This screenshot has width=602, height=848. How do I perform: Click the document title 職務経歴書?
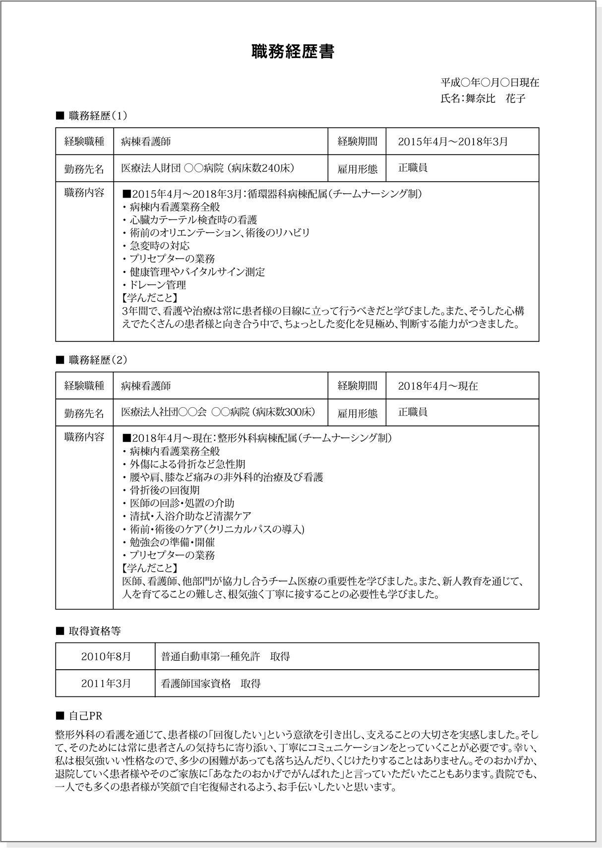293,52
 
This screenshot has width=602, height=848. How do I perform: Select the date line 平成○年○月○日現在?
489,82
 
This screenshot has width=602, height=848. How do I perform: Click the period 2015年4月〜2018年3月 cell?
453,142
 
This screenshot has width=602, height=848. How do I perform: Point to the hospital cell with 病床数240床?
208,168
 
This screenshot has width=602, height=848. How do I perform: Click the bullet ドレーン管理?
158,285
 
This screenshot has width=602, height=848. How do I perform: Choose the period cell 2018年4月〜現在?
438,386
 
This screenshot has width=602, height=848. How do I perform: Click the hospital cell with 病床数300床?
218,412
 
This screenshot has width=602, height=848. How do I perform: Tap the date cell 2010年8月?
106,657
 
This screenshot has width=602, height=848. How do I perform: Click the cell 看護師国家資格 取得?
211,684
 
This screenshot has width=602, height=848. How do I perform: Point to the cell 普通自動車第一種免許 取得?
226,657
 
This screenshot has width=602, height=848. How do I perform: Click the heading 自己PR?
85,716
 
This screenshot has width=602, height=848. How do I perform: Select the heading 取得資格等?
95,631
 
